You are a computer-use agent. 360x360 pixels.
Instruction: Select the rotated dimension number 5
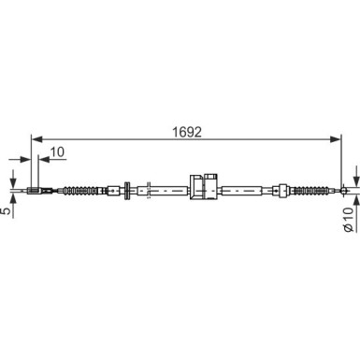[x=7, y=210]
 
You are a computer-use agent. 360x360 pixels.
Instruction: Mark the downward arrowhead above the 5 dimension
[x=13, y=184]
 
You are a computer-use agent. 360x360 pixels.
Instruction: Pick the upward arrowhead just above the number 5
[x=13, y=199]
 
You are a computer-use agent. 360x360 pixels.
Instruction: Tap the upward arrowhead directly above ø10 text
[x=355, y=201]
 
